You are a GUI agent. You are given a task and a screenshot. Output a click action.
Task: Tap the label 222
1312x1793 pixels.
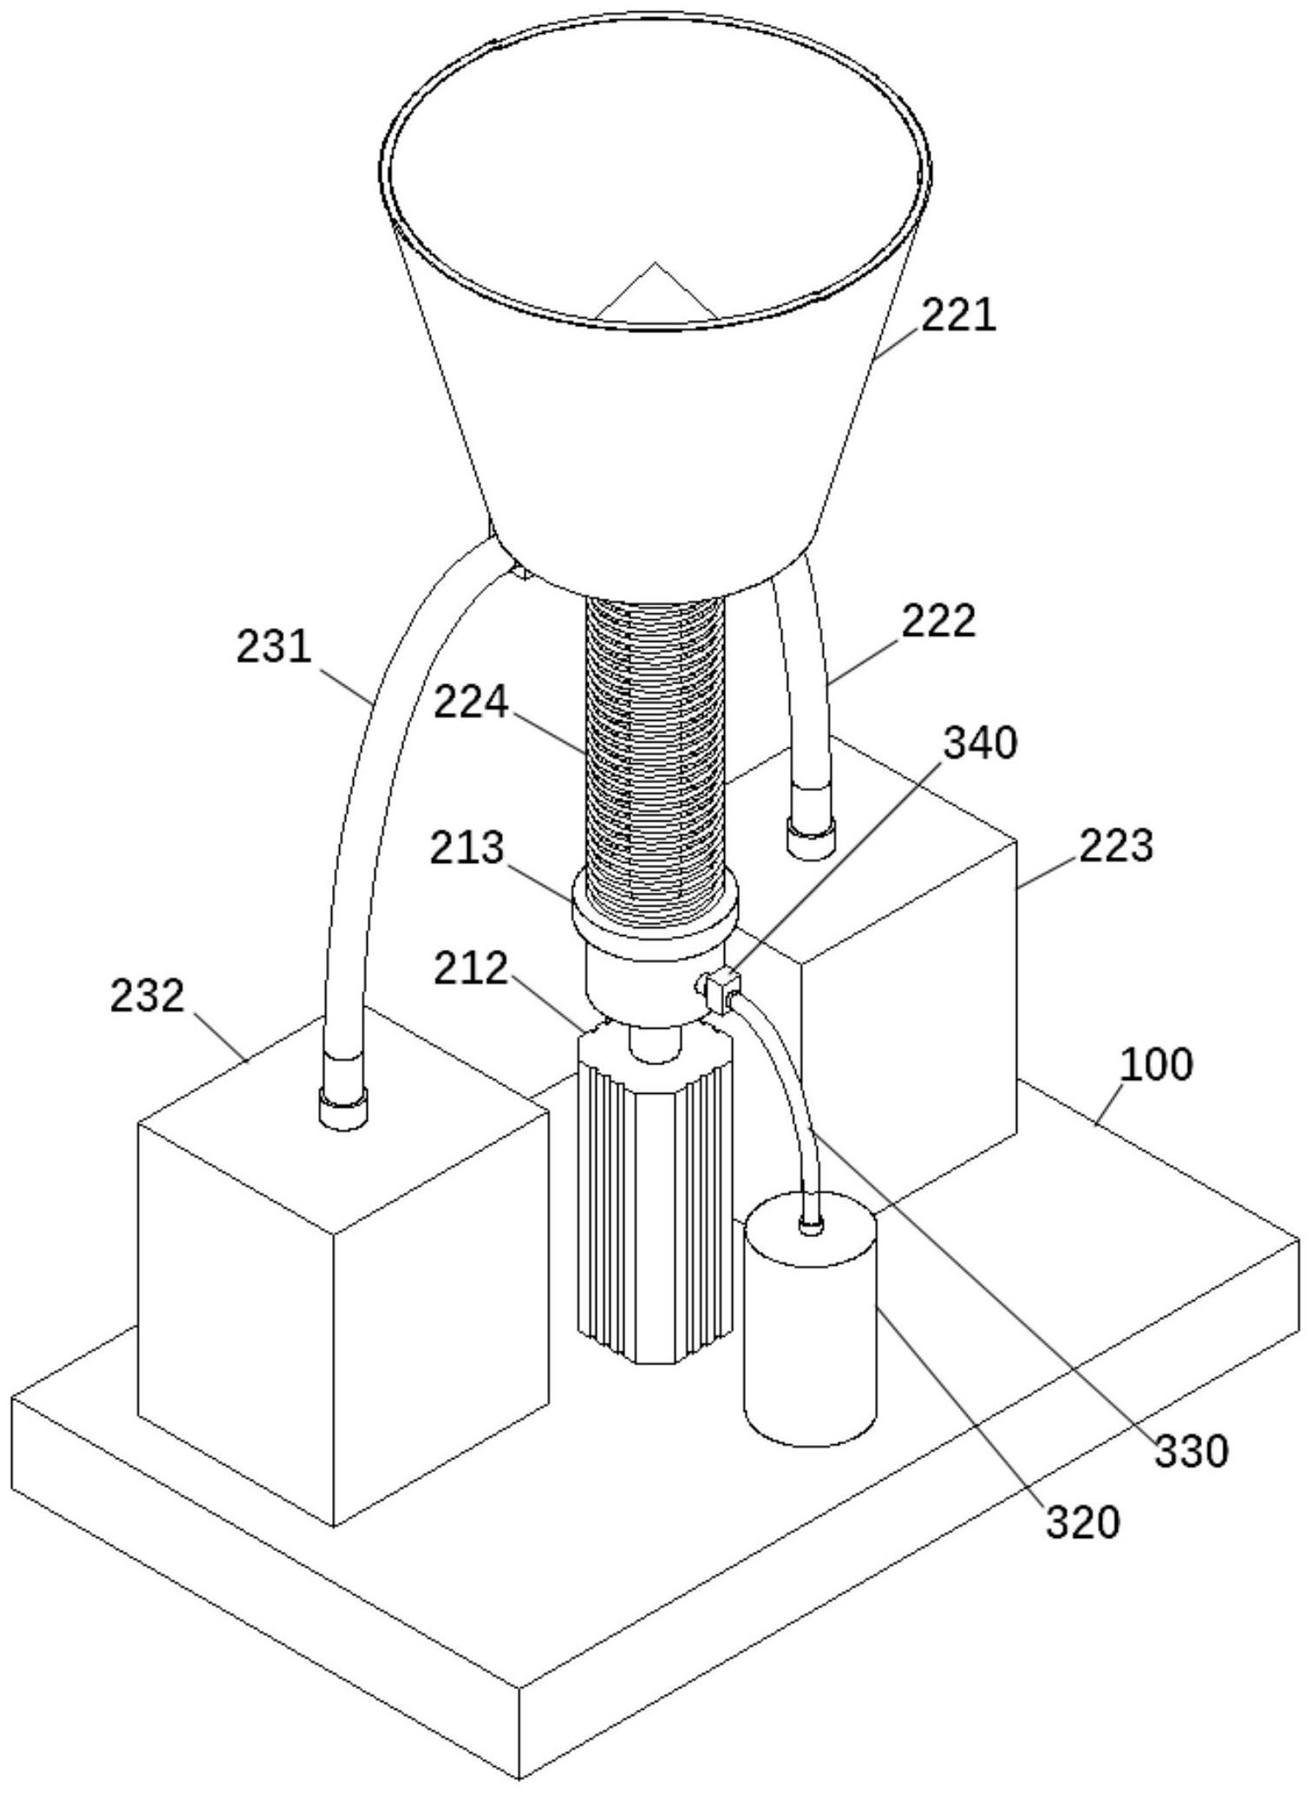pos(939,620)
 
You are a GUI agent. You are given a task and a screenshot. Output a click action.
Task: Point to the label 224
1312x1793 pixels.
pos(471,702)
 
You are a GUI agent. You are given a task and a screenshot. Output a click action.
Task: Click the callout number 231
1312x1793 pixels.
pos(274,646)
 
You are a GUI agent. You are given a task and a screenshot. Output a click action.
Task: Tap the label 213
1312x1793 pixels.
pos(467,847)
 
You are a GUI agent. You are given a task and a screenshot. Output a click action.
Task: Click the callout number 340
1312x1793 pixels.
pos(981,743)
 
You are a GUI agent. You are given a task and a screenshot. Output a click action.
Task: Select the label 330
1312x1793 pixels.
pos(1191,1450)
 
